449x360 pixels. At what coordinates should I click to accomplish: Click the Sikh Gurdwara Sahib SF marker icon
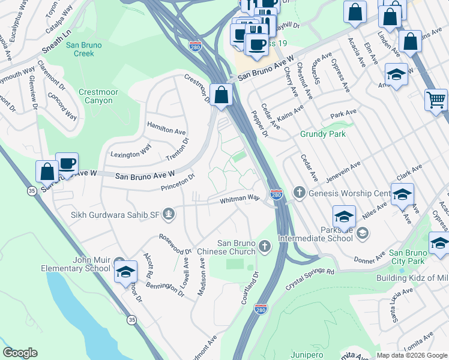click(170, 213)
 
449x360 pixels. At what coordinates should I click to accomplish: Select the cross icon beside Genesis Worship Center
click(300, 193)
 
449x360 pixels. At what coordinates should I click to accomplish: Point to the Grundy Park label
click(323, 134)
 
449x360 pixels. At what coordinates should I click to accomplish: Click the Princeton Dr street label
click(178, 182)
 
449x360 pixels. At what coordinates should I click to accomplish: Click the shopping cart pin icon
click(436, 99)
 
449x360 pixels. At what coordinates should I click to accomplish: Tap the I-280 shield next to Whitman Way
click(276, 195)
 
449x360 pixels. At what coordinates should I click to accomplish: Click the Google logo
click(20, 353)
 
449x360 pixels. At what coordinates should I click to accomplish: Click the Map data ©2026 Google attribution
click(411, 355)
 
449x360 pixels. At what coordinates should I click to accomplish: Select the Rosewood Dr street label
click(175, 244)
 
